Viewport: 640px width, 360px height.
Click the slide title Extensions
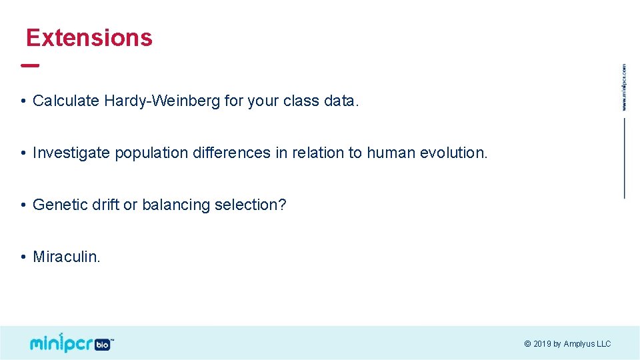[x=89, y=38]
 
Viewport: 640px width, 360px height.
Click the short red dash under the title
[x=30, y=66]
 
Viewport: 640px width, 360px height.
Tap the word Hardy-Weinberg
[x=162, y=101]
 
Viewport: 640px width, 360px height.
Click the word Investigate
[x=71, y=153]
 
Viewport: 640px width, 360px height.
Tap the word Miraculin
[x=66, y=257]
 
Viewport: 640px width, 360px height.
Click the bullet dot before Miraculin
[x=23, y=257]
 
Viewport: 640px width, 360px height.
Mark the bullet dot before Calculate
[x=23, y=102]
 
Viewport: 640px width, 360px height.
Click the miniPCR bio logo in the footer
[x=71, y=343]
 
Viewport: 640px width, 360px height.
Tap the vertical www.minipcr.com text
[x=624, y=87]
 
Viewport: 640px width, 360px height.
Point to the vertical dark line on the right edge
[x=625, y=158]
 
